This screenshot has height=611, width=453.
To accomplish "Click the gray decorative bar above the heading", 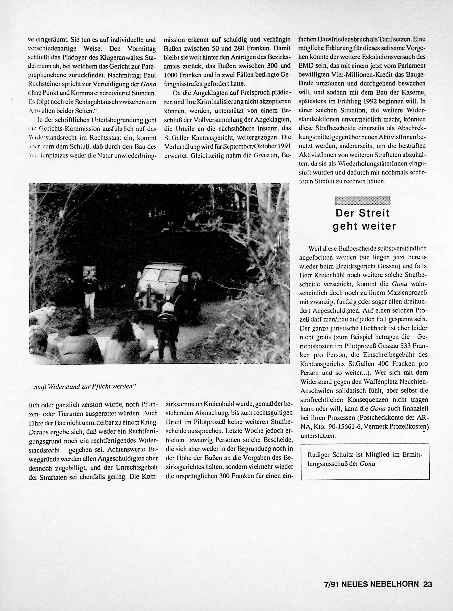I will [362, 201].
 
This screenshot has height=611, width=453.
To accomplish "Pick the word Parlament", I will [412, 66].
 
